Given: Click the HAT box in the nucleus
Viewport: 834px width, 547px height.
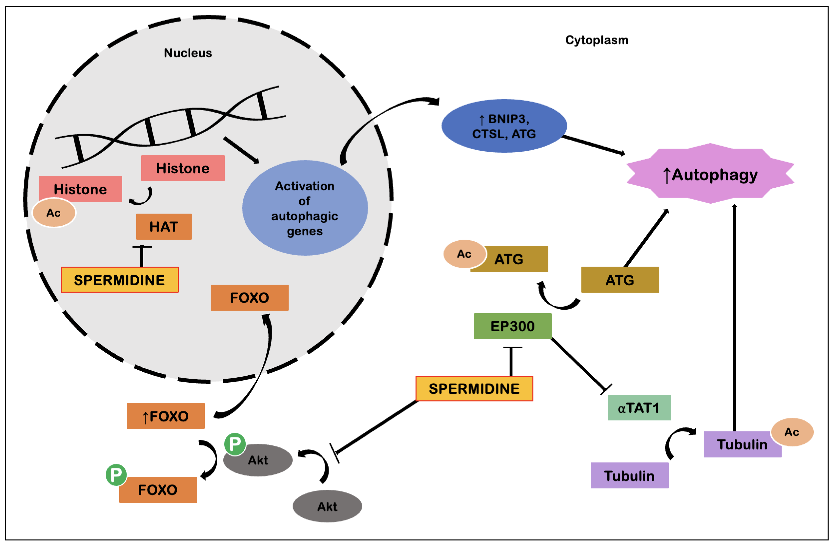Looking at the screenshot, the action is point(164,226).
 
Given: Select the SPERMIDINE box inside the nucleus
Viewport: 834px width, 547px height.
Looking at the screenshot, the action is point(120,280).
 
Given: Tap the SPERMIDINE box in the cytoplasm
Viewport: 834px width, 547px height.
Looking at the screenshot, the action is point(474,388).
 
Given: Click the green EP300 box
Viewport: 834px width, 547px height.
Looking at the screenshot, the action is point(513,326).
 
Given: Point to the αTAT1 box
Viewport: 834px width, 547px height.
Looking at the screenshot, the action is point(639,407).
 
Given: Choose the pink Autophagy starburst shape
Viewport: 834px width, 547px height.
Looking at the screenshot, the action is point(710,173).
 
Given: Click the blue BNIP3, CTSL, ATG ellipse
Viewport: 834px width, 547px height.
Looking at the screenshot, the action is point(504,126).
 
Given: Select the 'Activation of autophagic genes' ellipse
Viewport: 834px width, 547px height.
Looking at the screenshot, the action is point(305,208).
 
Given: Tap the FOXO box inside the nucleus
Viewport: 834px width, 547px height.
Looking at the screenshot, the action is point(250,297).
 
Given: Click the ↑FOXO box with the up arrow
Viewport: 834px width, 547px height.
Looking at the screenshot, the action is point(165,416).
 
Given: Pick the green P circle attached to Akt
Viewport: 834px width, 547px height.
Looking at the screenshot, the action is point(235,444).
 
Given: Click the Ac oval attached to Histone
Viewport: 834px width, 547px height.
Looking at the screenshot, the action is point(54,212).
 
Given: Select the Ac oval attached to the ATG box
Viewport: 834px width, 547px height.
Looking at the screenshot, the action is point(465,254).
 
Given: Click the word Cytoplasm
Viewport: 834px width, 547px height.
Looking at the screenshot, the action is point(597,40).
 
